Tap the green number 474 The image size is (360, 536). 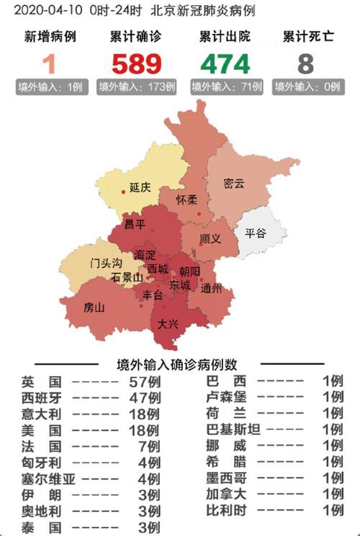pyautogui.click(x=225, y=64)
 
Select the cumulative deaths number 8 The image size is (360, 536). pyautogui.click(x=306, y=64)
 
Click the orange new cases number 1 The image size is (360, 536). pyautogui.click(x=49, y=64)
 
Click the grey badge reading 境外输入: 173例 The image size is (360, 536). pyautogui.click(x=137, y=87)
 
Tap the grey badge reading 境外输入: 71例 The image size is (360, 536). pyautogui.click(x=226, y=87)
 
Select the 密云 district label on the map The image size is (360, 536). pyautogui.click(x=234, y=183)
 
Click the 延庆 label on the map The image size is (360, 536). pyautogui.click(x=140, y=187)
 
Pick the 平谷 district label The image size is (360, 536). pyautogui.click(x=255, y=233)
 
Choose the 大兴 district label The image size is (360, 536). pyautogui.click(x=167, y=323)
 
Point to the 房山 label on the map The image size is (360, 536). pyautogui.click(x=94, y=308)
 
